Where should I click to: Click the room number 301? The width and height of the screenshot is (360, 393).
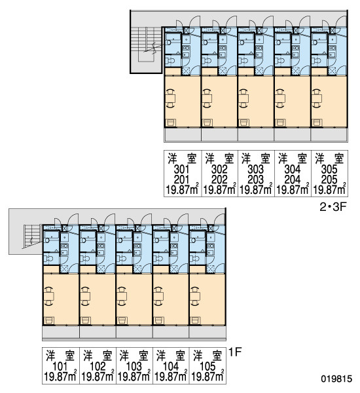click(x=182, y=170)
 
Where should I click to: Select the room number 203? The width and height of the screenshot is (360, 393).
click(x=255, y=179)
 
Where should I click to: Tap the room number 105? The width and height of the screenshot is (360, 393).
click(x=208, y=367)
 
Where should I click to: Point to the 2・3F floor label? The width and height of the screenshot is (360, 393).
click(x=333, y=207)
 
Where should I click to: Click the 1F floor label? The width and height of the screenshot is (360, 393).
click(x=235, y=352)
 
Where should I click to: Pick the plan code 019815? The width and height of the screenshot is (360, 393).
click(x=336, y=379)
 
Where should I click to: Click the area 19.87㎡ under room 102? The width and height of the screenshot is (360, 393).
click(x=98, y=376)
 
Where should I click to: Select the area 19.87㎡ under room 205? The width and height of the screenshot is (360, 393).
click(x=329, y=189)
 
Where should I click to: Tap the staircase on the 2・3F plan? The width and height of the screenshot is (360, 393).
click(x=146, y=45)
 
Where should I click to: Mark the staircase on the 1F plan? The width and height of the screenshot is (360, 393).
click(x=33, y=236)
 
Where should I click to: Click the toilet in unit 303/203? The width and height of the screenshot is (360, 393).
click(x=244, y=61)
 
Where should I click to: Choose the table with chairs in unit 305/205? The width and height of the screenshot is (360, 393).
click(x=317, y=98)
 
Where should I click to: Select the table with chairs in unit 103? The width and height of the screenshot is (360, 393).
click(x=122, y=296)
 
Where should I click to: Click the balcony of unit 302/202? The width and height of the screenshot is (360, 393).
click(x=219, y=135)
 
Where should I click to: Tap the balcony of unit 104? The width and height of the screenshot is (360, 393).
click(x=171, y=332)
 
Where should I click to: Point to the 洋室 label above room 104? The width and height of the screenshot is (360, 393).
click(x=171, y=356)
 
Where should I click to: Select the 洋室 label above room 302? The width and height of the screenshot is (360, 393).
click(x=219, y=159)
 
